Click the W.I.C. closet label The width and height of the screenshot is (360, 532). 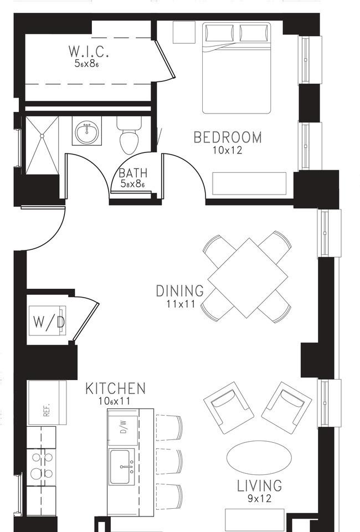(x=89, y=51)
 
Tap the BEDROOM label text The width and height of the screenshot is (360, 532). (x=228, y=137)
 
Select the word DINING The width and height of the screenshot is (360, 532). (x=179, y=291)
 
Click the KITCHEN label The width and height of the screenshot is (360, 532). (x=115, y=388)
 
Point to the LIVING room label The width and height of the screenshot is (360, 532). (x=259, y=486)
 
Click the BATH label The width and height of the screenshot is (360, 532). (x=133, y=173)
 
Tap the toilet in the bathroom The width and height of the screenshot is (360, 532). (x=129, y=135)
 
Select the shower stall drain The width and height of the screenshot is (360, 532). (x=42, y=136)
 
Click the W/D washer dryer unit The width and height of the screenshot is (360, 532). (x=47, y=321)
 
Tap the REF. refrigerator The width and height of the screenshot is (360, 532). (x=47, y=403)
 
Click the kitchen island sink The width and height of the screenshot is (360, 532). (x=121, y=467)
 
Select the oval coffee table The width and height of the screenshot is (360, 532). (x=259, y=458)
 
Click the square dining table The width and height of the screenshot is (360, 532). (x=248, y=278)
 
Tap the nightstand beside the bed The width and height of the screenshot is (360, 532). (x=184, y=32)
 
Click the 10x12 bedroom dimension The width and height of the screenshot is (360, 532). (x=228, y=150)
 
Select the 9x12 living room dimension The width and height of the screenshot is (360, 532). (x=259, y=498)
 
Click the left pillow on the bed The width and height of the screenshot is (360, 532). (x=219, y=33)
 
